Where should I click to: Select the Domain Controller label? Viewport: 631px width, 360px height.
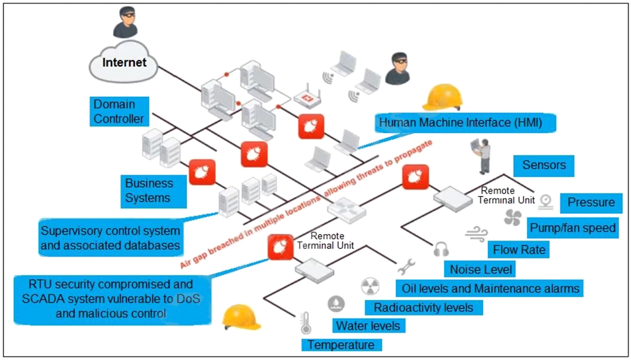tap(119, 112)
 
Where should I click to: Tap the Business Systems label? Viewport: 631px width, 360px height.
tap(149, 190)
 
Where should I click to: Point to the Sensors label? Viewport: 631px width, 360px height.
tap(544, 165)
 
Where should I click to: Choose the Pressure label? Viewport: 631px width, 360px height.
tap(591, 203)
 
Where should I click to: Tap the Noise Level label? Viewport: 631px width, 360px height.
tap(480, 269)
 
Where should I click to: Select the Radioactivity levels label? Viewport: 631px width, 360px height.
tap(423, 307)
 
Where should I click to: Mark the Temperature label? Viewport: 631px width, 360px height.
tap(341, 345)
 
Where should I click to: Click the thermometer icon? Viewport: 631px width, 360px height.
tap(306, 323)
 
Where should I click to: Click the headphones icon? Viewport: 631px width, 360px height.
tap(440, 250)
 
